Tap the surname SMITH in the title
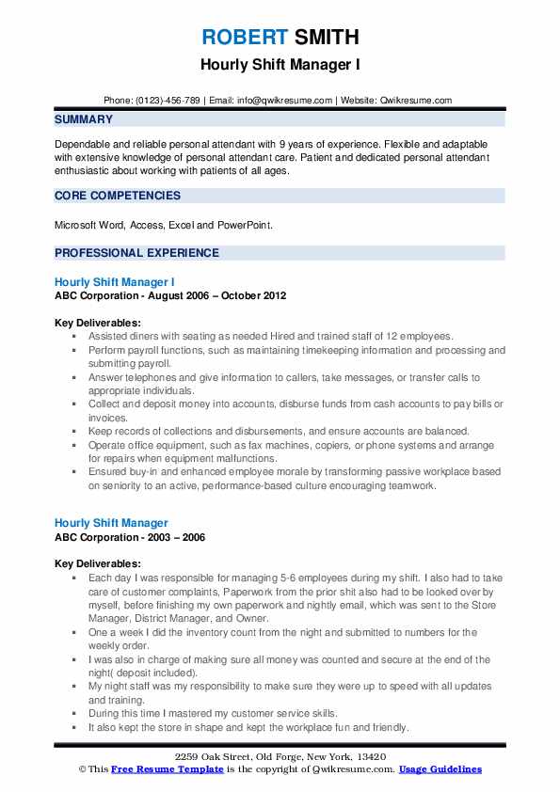[x=326, y=39]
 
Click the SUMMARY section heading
[x=84, y=119]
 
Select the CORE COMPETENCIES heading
[x=118, y=196]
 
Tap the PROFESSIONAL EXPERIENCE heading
[x=136, y=253]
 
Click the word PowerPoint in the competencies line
[x=268, y=226]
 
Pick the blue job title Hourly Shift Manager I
[x=114, y=282]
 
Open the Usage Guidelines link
[x=440, y=769]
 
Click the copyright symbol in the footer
[x=82, y=769]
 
